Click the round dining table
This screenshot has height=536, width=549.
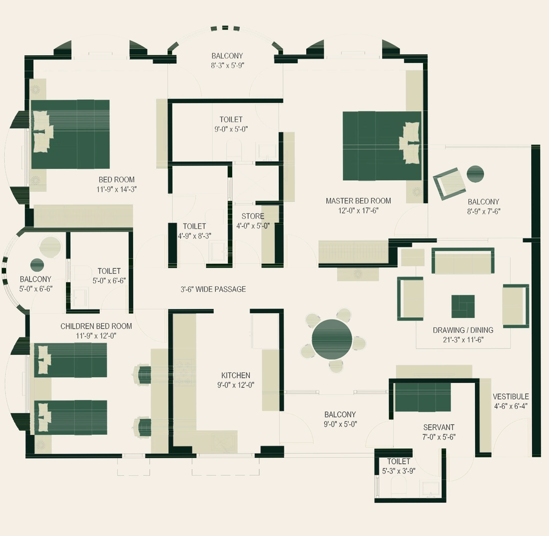click(331, 339)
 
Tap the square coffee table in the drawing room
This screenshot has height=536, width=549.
click(463, 307)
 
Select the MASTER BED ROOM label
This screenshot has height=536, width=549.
click(358, 200)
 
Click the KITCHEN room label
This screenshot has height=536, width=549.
click(236, 375)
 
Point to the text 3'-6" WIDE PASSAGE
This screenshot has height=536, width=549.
click(213, 289)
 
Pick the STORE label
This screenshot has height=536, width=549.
click(253, 216)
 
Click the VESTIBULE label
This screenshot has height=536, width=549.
click(511, 396)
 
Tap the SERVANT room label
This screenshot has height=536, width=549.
click(439, 427)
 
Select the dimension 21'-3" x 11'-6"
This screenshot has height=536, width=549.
click(463, 340)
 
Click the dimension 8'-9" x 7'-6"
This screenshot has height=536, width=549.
click(484, 211)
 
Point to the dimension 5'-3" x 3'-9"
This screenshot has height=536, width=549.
click(399, 471)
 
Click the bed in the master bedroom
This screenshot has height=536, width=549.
click(382, 146)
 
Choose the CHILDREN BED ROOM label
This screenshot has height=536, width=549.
click(97, 326)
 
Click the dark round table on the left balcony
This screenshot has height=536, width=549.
click(37, 265)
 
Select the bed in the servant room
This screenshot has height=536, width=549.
click(422, 397)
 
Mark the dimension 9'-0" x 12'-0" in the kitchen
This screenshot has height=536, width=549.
click(236, 385)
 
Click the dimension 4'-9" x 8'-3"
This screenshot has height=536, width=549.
click(194, 236)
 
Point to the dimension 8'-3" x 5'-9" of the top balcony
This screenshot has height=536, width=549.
click(227, 65)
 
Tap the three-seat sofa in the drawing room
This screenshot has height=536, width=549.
click(463, 261)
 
